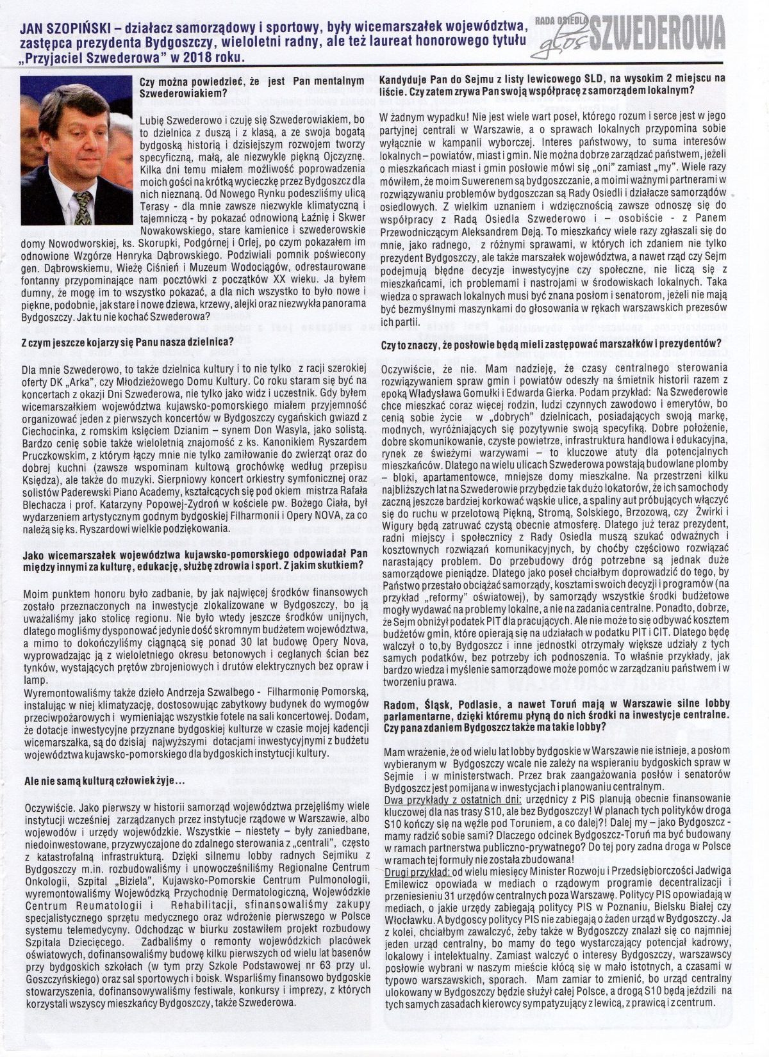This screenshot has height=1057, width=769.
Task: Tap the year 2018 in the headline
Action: [x=188, y=57]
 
